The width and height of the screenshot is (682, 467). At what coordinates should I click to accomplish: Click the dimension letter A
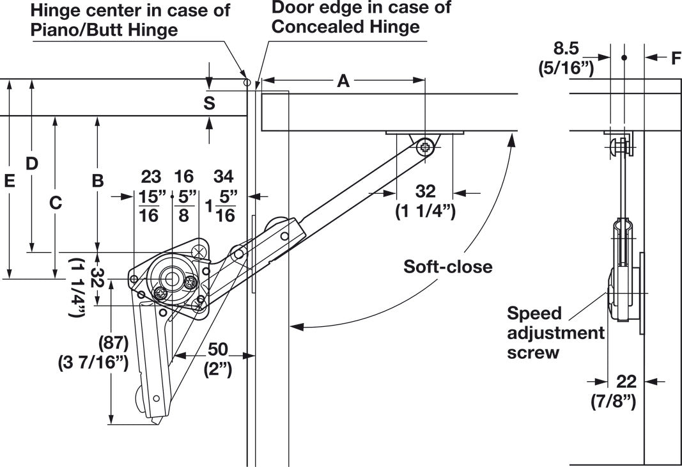(343, 81)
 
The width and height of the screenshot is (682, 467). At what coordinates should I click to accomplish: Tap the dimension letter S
(209, 103)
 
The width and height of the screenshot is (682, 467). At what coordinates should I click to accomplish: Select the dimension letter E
(9, 180)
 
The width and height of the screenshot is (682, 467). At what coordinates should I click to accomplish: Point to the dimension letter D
(31, 164)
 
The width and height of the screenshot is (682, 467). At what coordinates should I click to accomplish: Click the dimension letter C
(55, 203)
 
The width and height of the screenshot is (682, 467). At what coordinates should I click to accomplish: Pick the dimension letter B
(98, 180)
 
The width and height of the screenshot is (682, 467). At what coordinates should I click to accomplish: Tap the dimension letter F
(676, 58)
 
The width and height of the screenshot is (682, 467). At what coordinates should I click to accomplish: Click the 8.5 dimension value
(566, 49)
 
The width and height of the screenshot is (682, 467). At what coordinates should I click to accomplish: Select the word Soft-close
(447, 266)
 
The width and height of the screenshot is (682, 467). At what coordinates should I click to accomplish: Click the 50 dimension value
(217, 349)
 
